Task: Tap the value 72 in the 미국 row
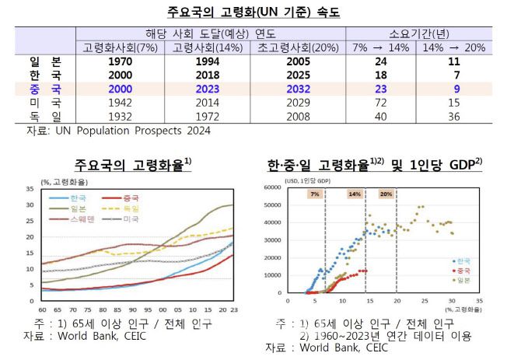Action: pos(381,102)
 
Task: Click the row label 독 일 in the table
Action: pos(45,115)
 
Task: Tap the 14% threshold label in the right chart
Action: pos(355,194)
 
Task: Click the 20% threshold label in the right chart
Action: pos(386,194)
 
